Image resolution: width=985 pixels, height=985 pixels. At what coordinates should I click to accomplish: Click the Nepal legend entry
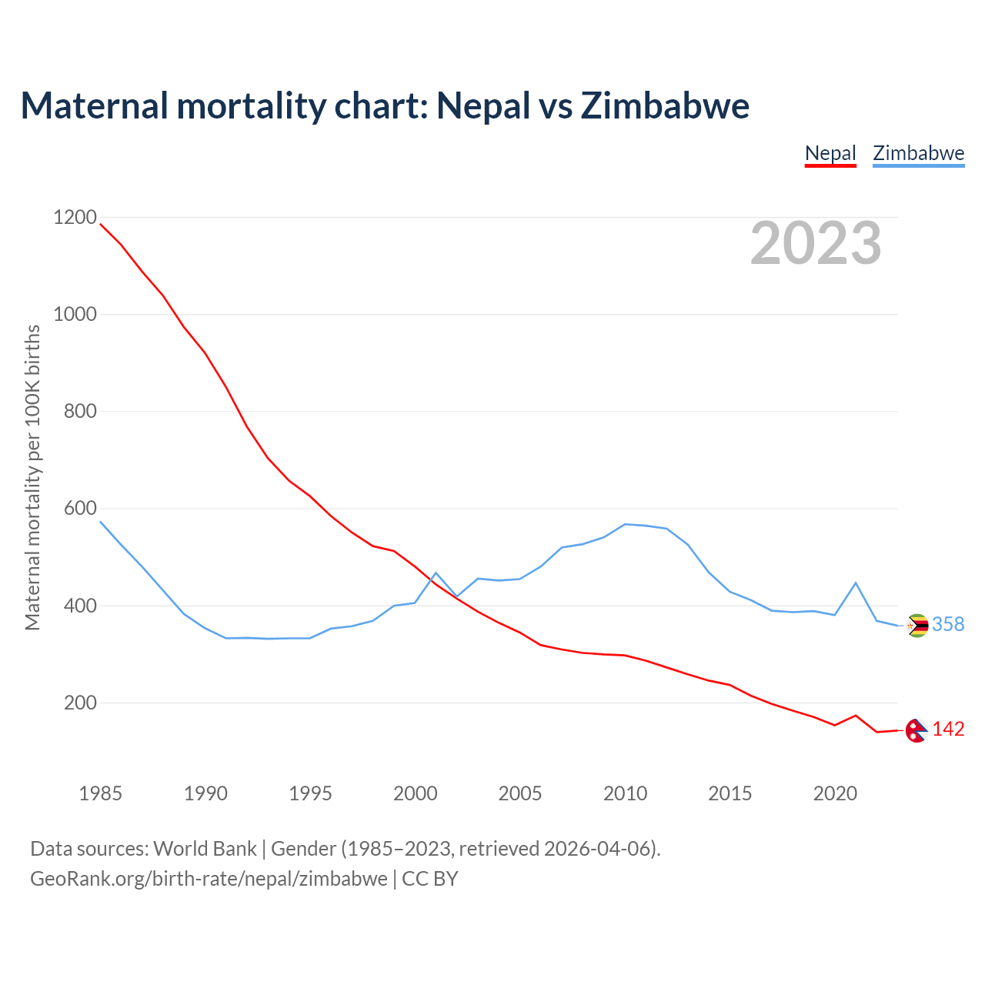click(x=830, y=153)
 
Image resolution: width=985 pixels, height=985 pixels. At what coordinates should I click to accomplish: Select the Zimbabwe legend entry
click(x=918, y=153)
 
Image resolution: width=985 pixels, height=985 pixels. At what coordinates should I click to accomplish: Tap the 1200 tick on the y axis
click(x=75, y=218)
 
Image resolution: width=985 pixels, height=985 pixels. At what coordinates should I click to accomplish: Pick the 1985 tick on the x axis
click(x=101, y=793)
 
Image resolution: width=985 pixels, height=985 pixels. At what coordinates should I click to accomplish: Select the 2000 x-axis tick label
click(x=416, y=793)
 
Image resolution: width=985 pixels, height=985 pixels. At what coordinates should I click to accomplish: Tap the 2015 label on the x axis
click(x=730, y=793)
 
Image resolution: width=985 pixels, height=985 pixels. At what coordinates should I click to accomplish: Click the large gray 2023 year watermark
click(x=816, y=243)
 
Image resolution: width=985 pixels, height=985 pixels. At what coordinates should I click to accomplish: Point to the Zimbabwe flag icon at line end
click(x=917, y=626)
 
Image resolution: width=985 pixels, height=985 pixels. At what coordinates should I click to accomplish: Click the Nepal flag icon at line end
click(x=916, y=730)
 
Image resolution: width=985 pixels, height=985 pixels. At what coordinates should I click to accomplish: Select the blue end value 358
click(x=948, y=625)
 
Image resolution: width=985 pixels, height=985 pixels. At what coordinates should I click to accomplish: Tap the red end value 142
click(x=948, y=730)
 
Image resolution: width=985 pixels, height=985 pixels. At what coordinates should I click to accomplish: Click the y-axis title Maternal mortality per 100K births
click(x=32, y=477)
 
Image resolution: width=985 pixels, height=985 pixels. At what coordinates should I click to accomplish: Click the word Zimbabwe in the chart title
click(x=665, y=105)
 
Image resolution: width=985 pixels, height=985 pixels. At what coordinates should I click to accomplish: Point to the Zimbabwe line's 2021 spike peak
click(x=856, y=583)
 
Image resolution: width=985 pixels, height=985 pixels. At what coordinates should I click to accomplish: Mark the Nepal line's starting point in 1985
click(x=101, y=224)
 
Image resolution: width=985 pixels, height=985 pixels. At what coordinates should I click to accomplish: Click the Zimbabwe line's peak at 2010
click(x=625, y=524)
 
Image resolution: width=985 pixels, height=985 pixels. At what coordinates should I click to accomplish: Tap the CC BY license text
click(x=430, y=879)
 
